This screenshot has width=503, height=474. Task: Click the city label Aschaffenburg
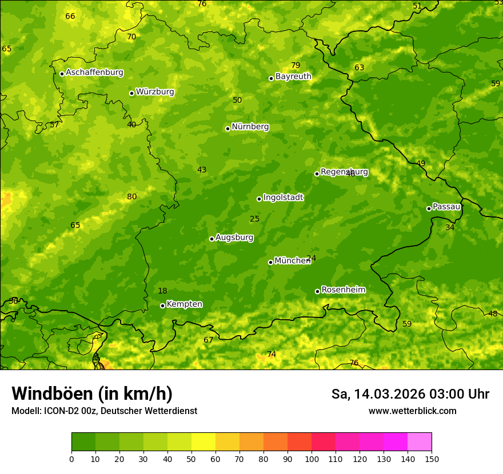pyautogui.click(x=94, y=73)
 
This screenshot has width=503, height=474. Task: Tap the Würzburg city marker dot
pyautogui.click(x=131, y=93)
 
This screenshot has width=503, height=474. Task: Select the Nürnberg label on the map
pyautogui.click(x=250, y=127)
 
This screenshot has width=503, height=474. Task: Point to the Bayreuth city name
pyautogui.click(x=293, y=76)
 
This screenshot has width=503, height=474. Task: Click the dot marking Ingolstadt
pyautogui.click(x=259, y=199)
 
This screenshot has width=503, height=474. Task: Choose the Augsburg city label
pyautogui.click(x=234, y=238)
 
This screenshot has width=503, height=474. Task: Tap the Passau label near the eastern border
pyautogui.click(x=446, y=207)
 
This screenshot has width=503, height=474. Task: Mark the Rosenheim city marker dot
pyautogui.click(x=317, y=291)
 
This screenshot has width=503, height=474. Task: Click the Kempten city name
pyautogui.click(x=184, y=304)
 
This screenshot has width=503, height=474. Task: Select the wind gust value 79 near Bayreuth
pyautogui.click(x=296, y=65)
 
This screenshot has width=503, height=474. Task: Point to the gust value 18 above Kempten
pyautogui.click(x=162, y=291)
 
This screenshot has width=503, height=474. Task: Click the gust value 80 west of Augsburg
pyautogui.click(x=132, y=196)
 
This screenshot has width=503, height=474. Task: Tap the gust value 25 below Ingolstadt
pyautogui.click(x=255, y=219)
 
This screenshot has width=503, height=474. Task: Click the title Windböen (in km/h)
pyautogui.click(x=92, y=393)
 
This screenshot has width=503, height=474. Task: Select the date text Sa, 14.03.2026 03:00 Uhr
pyautogui.click(x=410, y=394)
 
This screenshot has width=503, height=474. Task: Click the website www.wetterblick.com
pyautogui.click(x=412, y=411)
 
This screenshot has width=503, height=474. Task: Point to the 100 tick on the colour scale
pyautogui.click(x=312, y=459)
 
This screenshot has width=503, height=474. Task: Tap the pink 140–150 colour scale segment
pyautogui.click(x=420, y=442)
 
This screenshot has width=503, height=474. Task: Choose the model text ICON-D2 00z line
pyautogui.click(x=104, y=411)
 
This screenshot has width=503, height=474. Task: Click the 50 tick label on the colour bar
pyautogui.click(x=191, y=459)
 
